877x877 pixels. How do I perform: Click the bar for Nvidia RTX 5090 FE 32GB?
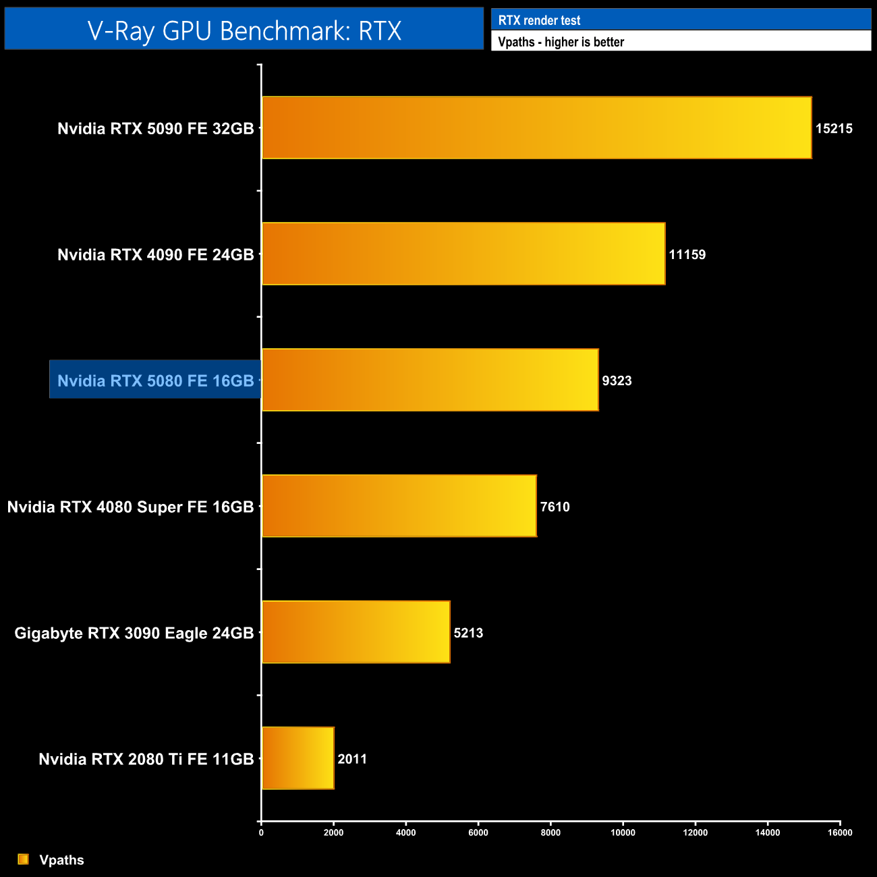(x=536, y=128)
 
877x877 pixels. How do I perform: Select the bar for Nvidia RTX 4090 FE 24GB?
(x=463, y=254)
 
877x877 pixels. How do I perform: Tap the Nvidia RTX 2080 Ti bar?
(x=298, y=758)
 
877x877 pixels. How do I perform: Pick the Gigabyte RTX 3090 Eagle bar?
(x=356, y=631)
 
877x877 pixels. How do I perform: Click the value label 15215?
(x=834, y=128)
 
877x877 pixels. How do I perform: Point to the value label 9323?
(x=617, y=380)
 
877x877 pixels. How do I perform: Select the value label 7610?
(x=555, y=507)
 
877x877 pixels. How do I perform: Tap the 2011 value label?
(x=352, y=759)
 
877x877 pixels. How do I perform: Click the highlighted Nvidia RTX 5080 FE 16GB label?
(x=155, y=380)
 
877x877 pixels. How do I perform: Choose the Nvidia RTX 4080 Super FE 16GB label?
(x=130, y=507)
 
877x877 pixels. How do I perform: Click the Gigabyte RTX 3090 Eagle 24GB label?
(x=134, y=633)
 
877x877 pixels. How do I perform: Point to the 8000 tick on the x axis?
(x=550, y=832)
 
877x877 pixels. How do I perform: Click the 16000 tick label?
(x=840, y=832)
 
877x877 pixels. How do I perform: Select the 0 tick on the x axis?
(x=261, y=832)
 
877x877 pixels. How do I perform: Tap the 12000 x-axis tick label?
(x=696, y=832)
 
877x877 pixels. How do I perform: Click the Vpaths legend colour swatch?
(x=24, y=859)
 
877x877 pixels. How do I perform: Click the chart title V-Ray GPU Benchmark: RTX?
(x=244, y=30)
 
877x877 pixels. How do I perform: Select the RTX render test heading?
(x=539, y=20)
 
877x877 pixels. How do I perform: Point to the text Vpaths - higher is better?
(x=561, y=42)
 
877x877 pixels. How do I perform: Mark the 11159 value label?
(x=687, y=254)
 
